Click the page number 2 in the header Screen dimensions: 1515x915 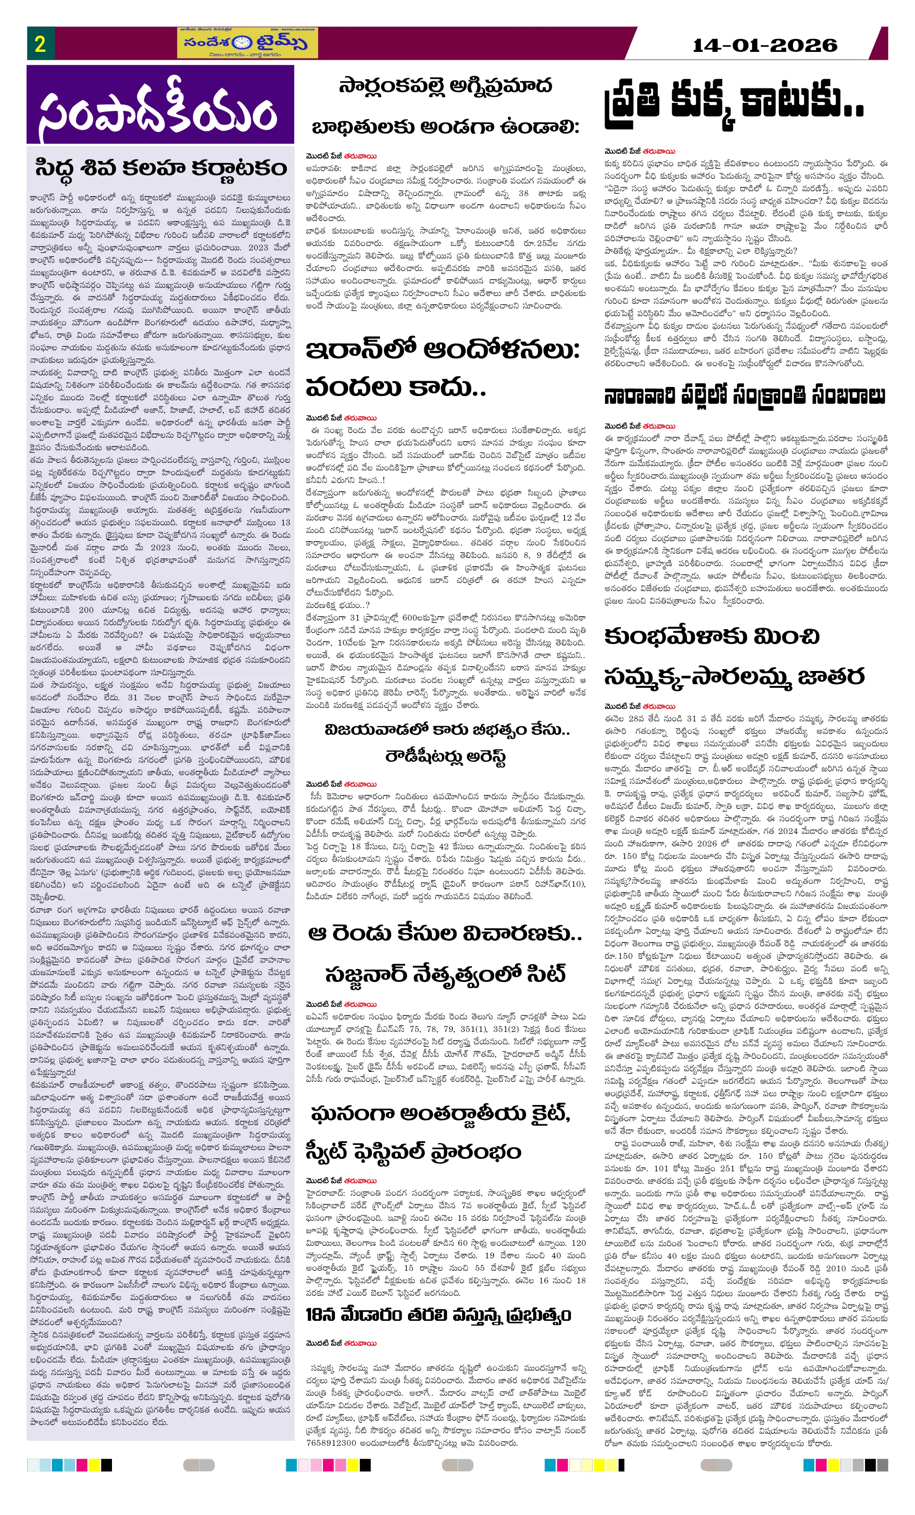[x=40, y=44]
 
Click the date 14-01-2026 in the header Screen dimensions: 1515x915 [x=765, y=45]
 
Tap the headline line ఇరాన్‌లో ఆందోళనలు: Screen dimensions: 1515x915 [x=443, y=350]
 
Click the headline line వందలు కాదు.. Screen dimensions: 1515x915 [x=396, y=387]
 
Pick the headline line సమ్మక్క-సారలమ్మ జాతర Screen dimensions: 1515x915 [x=734, y=676]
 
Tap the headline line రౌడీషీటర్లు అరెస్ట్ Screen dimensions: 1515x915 [x=446, y=756]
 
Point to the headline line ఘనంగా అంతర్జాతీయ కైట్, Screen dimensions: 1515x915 [x=440, y=1114]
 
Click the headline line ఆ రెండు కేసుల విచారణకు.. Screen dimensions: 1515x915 [x=445, y=933]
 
